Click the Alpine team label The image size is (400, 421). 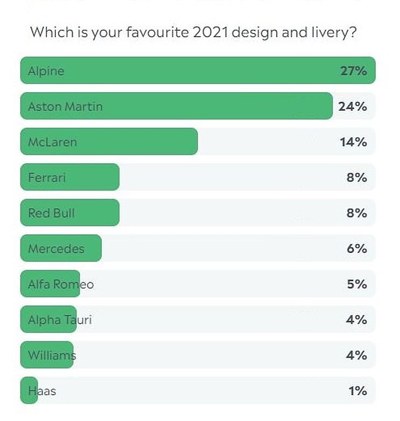pyautogui.click(x=46, y=71)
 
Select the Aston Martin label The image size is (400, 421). pyautogui.click(x=65, y=107)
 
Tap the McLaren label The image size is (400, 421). pyautogui.click(x=52, y=142)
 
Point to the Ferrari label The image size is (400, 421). pyautogui.click(x=46, y=178)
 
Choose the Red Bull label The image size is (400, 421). pyautogui.click(x=51, y=213)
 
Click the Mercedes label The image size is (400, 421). pyautogui.click(x=56, y=249)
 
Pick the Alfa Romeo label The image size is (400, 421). pyautogui.click(x=60, y=284)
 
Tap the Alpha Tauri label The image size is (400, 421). pyautogui.click(x=60, y=320)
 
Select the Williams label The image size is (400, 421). pyautogui.click(x=52, y=355)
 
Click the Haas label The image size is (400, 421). pyautogui.click(x=42, y=391)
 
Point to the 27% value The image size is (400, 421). pyautogui.click(x=353, y=71)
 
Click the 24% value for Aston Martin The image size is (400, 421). pyautogui.click(x=353, y=107)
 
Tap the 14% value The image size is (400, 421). pyautogui.click(x=354, y=142)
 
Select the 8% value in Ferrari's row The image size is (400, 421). pyautogui.click(x=356, y=178)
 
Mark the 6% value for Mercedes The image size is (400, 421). pyautogui.click(x=356, y=249)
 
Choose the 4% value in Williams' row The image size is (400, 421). pyautogui.click(x=356, y=355)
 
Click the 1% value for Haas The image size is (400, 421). pyautogui.click(x=357, y=391)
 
